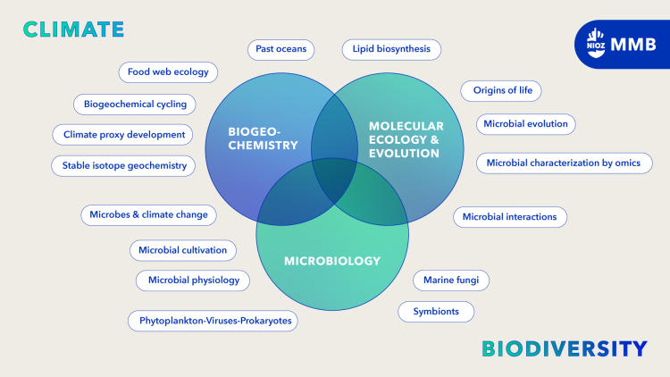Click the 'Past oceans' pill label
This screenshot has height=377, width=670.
pos(281,50)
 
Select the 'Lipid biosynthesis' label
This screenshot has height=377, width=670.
pos(391,50)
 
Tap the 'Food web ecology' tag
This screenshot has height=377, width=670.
pos(168,71)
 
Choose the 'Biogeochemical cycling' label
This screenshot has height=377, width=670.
pos(135,104)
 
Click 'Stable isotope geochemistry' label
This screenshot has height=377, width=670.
pos(123,165)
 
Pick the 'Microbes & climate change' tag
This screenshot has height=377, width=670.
pos(148,214)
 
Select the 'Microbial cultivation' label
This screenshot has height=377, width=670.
pos(183,249)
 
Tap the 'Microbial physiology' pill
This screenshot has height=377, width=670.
pos(193,280)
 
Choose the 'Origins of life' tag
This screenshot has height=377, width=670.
pos(501,91)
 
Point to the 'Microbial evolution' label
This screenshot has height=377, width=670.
pos(525,123)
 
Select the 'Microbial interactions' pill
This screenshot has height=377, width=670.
pos(509,216)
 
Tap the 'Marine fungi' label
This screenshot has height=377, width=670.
pos(450,280)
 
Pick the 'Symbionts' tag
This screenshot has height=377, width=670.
pos(435,312)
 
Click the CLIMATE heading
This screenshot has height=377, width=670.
pos(73,29)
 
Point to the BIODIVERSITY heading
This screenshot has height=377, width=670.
pos(564,348)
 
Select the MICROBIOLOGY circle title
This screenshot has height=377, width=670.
pos(331,261)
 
